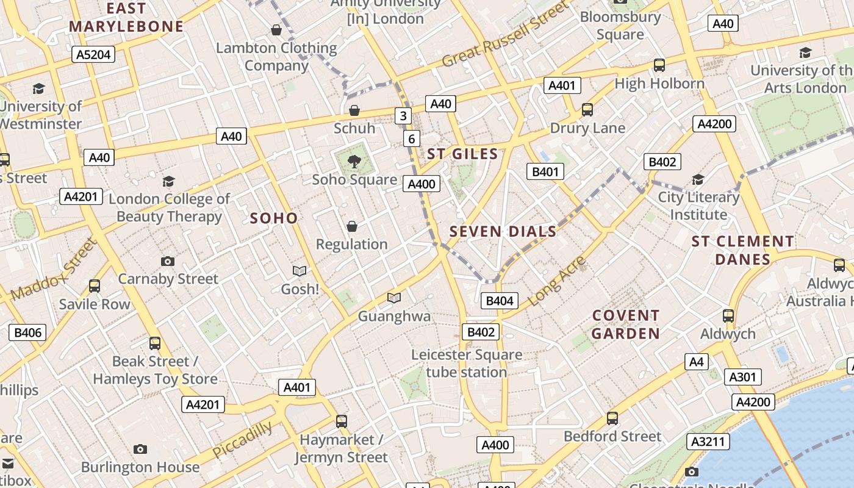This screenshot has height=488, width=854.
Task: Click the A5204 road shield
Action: pos(94,55)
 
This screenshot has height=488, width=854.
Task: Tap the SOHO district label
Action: pos(274,218)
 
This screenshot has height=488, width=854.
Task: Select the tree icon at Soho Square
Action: pos(354,162)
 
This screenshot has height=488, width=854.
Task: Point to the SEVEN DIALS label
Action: pos(503,232)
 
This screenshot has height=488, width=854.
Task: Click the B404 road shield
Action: pos(500,300)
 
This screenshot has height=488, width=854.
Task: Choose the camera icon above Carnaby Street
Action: pos(168,262)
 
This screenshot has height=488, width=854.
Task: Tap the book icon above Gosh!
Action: pos(300,271)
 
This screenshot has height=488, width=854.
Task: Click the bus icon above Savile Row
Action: pos(95,286)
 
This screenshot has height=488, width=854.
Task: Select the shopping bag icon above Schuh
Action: pos(354,110)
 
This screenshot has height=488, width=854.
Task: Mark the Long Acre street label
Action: pos(556,281)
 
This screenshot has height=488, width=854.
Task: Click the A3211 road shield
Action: pos(708,442)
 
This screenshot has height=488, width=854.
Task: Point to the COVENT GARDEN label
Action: pos(626,325)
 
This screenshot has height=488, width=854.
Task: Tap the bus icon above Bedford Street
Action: pos(612,418)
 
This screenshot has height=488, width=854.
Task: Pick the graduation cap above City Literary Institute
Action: pos(698,180)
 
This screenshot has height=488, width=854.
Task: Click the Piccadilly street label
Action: pos(243,439)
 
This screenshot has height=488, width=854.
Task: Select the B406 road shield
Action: pos(27,332)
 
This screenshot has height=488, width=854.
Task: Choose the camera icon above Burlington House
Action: pos(140,450)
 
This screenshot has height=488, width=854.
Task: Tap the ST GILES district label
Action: pos(462,154)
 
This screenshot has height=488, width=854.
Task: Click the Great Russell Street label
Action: pos(505,35)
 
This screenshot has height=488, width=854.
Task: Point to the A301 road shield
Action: pos(742,377)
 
